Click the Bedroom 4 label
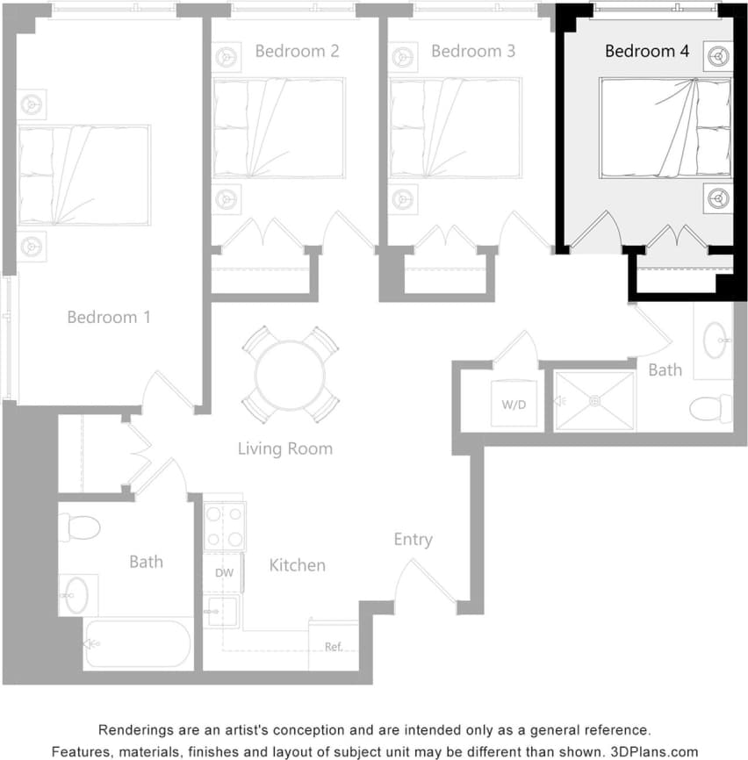click(x=646, y=51)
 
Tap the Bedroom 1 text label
click(x=109, y=317)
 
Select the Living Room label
click(x=285, y=448)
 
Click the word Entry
click(x=413, y=539)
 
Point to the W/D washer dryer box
click(x=513, y=405)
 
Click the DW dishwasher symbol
click(x=224, y=573)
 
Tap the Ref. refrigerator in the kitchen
click(x=334, y=646)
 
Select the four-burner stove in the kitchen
click(x=224, y=527)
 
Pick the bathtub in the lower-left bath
click(x=138, y=644)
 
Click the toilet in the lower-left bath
click(x=80, y=527)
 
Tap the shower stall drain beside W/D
click(x=594, y=401)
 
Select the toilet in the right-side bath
click(x=710, y=409)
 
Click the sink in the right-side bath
click(x=716, y=339)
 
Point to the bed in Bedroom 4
click(x=665, y=128)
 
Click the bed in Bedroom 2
click(x=278, y=128)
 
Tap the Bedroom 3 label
click(x=472, y=51)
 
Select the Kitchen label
click(x=297, y=565)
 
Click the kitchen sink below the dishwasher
click(x=221, y=610)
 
